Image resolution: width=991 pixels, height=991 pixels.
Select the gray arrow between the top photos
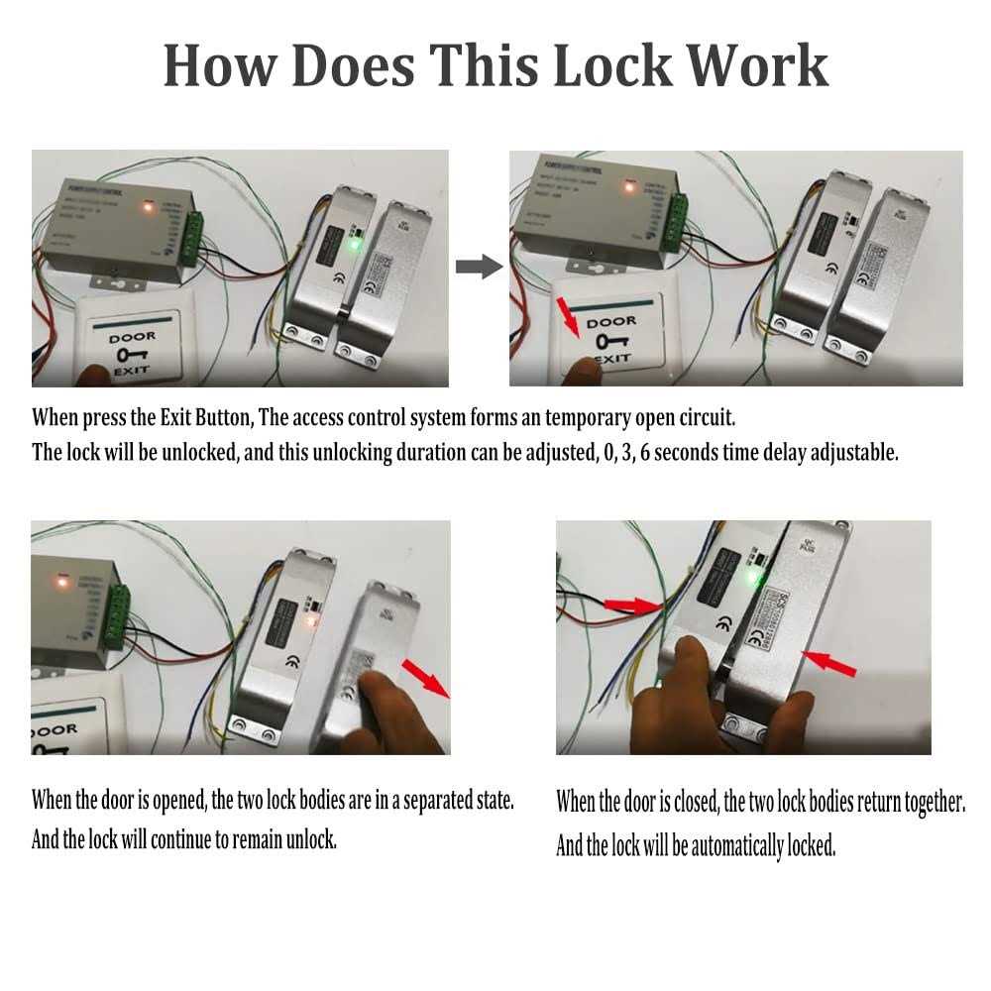pyautogui.click(x=477, y=266)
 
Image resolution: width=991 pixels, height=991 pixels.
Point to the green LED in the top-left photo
pyautogui.click(x=355, y=243)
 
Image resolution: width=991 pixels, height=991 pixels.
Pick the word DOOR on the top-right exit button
pyautogui.click(x=611, y=322)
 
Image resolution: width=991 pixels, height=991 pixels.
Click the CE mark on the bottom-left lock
pyautogui.click(x=291, y=663)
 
